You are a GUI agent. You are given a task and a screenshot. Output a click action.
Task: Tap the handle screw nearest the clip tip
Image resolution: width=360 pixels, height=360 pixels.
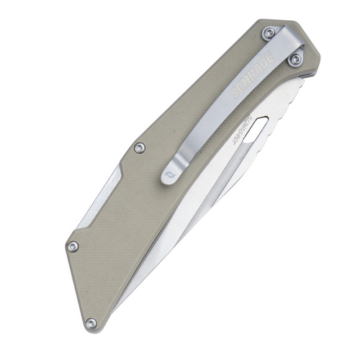[140, 148]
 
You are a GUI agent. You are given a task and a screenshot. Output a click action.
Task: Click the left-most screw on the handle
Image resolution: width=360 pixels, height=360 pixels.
[72, 247]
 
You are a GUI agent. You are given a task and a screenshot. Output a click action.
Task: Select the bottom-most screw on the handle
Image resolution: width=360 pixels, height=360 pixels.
[90, 323]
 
